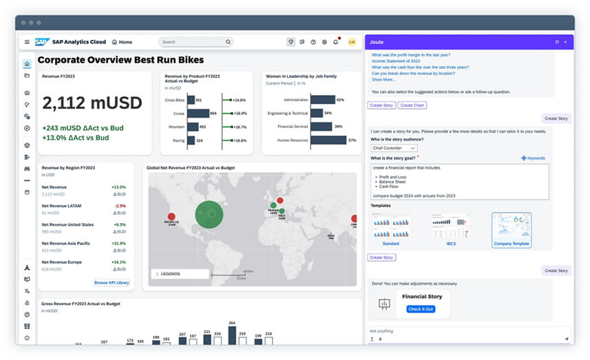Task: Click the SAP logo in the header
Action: point(42,42)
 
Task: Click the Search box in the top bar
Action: point(195,42)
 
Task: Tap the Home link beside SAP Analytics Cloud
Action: point(122,42)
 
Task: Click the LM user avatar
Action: point(352,42)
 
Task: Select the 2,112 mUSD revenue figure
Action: point(92,103)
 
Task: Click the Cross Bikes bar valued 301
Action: point(190,100)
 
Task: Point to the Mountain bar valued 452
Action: point(192,127)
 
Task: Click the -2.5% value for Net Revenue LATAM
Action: point(120,205)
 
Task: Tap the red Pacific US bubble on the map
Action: point(171,217)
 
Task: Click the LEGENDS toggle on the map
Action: point(180,274)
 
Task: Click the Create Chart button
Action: point(412,105)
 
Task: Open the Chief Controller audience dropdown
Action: point(394,148)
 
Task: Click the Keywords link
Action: point(533,158)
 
